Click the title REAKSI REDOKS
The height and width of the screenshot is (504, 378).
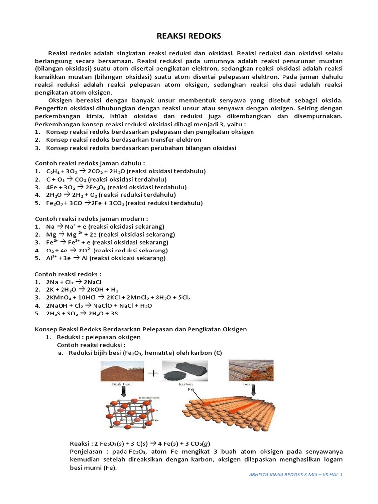pyautogui.click(x=189, y=36)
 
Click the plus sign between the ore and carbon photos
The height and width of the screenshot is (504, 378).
pyautogui.click(x=153, y=374)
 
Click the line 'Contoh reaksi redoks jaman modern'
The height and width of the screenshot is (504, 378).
pyautogui.click(x=91, y=219)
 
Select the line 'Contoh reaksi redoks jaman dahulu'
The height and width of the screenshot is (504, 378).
pyautogui.click(x=90, y=163)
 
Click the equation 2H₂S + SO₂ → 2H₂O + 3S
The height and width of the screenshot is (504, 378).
pyautogui.click(x=82, y=313)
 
